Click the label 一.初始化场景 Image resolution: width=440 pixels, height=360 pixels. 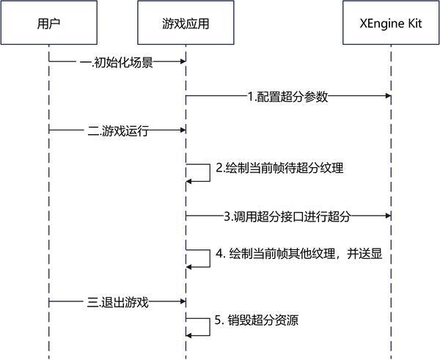pyautogui.click(x=117, y=62)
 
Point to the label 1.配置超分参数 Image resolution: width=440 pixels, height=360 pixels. pyautogui.click(x=287, y=96)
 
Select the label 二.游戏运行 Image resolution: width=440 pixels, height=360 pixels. pyautogui.click(x=117, y=131)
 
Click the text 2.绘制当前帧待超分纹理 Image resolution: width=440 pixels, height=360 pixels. pyautogui.click(x=279, y=168)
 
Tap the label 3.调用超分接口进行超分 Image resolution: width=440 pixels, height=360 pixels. pyautogui.click(x=287, y=216)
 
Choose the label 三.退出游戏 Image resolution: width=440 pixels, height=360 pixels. pyautogui.click(x=117, y=301)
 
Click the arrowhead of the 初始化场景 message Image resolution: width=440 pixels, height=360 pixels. pyautogui.click(x=180, y=62)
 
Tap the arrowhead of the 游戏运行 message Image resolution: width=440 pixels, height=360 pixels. pyautogui.click(x=180, y=131)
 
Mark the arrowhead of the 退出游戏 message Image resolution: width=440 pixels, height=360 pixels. pyautogui.click(x=180, y=301)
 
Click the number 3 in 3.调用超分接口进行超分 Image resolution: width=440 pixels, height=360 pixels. pyautogui.click(x=227, y=216)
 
